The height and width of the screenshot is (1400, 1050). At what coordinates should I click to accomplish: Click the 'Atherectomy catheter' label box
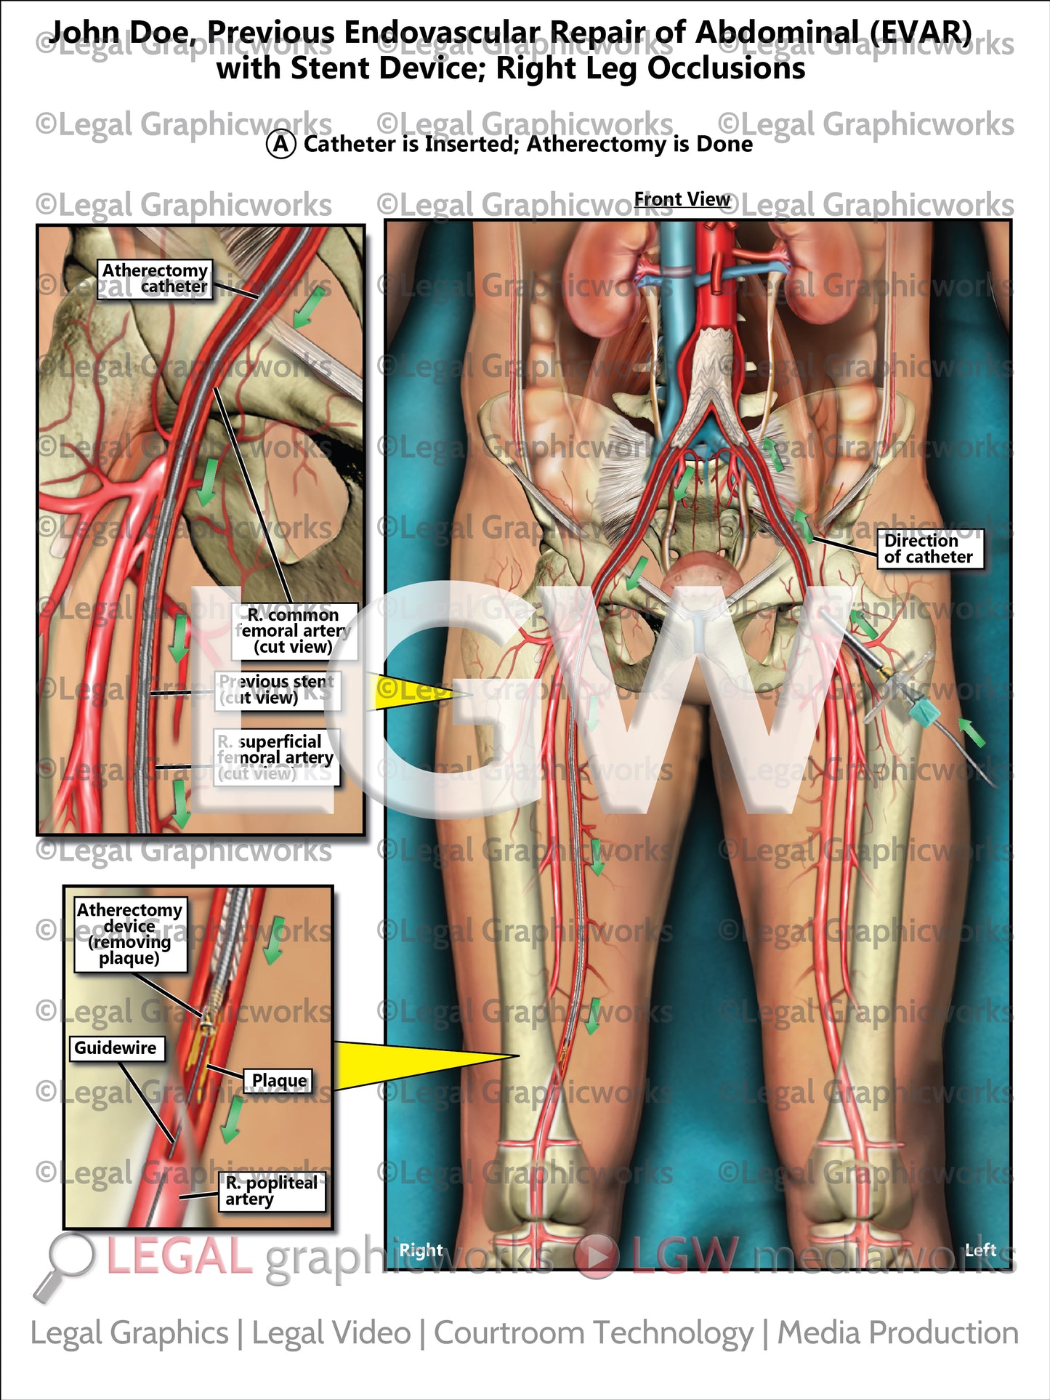(x=155, y=279)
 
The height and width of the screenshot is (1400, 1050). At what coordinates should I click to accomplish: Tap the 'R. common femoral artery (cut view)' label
(x=294, y=631)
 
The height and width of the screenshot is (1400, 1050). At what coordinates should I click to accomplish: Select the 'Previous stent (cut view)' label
(x=277, y=690)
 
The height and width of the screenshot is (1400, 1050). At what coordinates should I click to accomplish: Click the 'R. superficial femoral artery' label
(x=275, y=757)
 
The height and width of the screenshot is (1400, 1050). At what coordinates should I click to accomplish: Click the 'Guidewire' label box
(x=116, y=1047)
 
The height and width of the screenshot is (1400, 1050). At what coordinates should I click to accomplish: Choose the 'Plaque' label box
(x=279, y=1081)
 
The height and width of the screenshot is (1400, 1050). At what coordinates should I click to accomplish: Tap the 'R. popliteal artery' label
(x=271, y=1191)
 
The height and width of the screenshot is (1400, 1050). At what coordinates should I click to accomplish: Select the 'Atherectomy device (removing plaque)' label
(x=130, y=934)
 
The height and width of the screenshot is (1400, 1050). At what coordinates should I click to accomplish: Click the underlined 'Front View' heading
(x=682, y=200)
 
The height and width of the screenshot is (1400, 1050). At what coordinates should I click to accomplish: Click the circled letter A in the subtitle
(x=280, y=144)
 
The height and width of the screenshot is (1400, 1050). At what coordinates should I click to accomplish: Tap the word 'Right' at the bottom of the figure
(x=421, y=1250)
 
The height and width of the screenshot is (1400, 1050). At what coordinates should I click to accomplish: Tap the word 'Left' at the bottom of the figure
(x=980, y=1250)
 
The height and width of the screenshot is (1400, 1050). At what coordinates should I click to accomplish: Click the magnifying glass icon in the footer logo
(x=67, y=1261)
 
